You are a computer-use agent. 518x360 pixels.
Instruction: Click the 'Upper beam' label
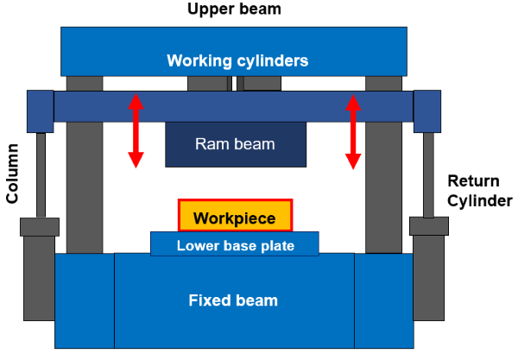235,9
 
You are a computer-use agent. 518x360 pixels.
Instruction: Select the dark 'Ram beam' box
235,144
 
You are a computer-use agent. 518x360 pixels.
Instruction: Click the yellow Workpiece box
236,217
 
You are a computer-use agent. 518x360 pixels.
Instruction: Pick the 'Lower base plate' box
235,245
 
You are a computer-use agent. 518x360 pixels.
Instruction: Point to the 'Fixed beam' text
234,300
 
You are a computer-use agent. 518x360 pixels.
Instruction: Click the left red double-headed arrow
135,130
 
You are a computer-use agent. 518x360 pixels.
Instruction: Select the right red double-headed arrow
351,130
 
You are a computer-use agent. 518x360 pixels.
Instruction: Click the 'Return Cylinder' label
480,191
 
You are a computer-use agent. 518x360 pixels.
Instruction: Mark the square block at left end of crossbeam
41,111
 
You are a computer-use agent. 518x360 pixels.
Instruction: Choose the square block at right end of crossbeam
427,111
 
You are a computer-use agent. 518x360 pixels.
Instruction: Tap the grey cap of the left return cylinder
41,227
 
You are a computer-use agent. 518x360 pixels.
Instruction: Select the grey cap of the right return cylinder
428,227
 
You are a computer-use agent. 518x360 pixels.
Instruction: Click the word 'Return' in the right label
474,181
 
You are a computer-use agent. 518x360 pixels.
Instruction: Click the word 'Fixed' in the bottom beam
211,300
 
